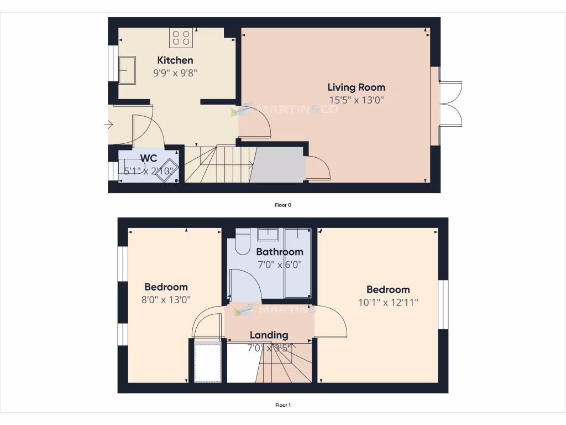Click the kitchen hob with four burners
click(x=181, y=38)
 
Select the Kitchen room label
click(x=175, y=60)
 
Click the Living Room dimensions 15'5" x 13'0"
click(x=357, y=100)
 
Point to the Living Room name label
click(x=357, y=87)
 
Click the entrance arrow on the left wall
click(x=108, y=125)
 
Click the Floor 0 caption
click(x=283, y=205)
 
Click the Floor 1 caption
click(x=283, y=405)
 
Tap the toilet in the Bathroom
click(x=243, y=241)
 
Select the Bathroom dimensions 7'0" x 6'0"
click(x=279, y=265)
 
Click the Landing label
click(x=269, y=335)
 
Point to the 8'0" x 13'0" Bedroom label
click(x=166, y=287)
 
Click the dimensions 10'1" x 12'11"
click(x=388, y=302)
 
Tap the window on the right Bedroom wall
click(x=443, y=305)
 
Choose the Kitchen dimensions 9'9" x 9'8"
click(x=175, y=72)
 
